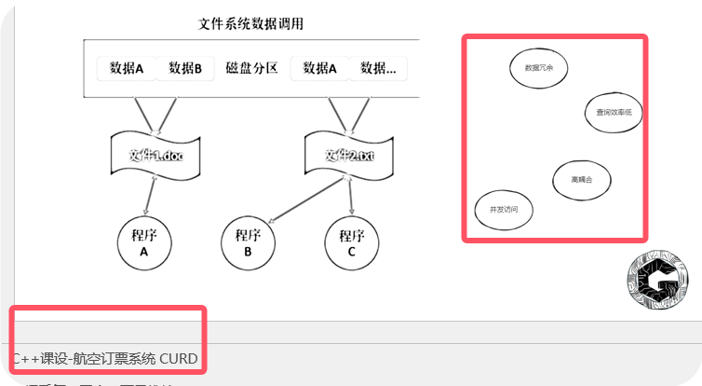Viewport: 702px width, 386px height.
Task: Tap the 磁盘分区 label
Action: click(252, 68)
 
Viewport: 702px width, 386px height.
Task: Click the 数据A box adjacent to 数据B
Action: click(128, 68)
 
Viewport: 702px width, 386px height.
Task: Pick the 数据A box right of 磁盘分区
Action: click(320, 68)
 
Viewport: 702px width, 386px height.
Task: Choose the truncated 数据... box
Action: click(378, 68)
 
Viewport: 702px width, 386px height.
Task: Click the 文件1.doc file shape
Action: click(155, 155)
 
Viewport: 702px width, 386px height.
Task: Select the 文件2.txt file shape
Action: click(349, 155)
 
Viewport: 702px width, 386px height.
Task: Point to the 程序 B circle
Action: click(248, 242)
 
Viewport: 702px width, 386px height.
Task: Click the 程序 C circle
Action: click(351, 242)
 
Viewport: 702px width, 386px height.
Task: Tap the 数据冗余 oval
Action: click(538, 68)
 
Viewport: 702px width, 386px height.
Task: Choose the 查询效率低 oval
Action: click(614, 112)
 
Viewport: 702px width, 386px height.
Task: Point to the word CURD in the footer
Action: click(179, 358)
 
